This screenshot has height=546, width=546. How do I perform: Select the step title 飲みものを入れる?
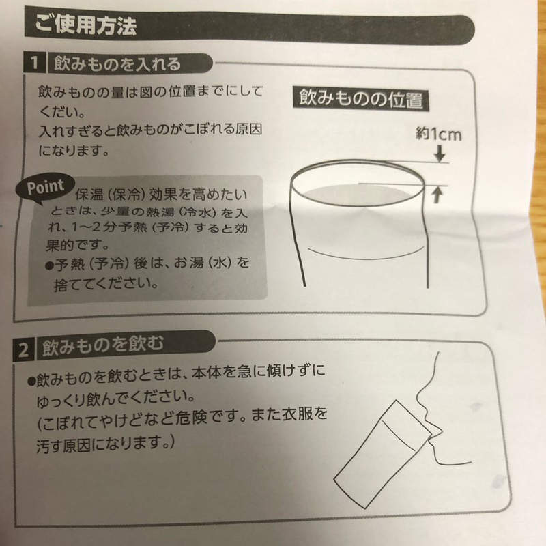tap(113, 65)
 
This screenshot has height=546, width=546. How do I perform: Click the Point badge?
tap(46, 186)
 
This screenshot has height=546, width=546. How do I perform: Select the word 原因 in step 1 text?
tap(248, 129)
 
